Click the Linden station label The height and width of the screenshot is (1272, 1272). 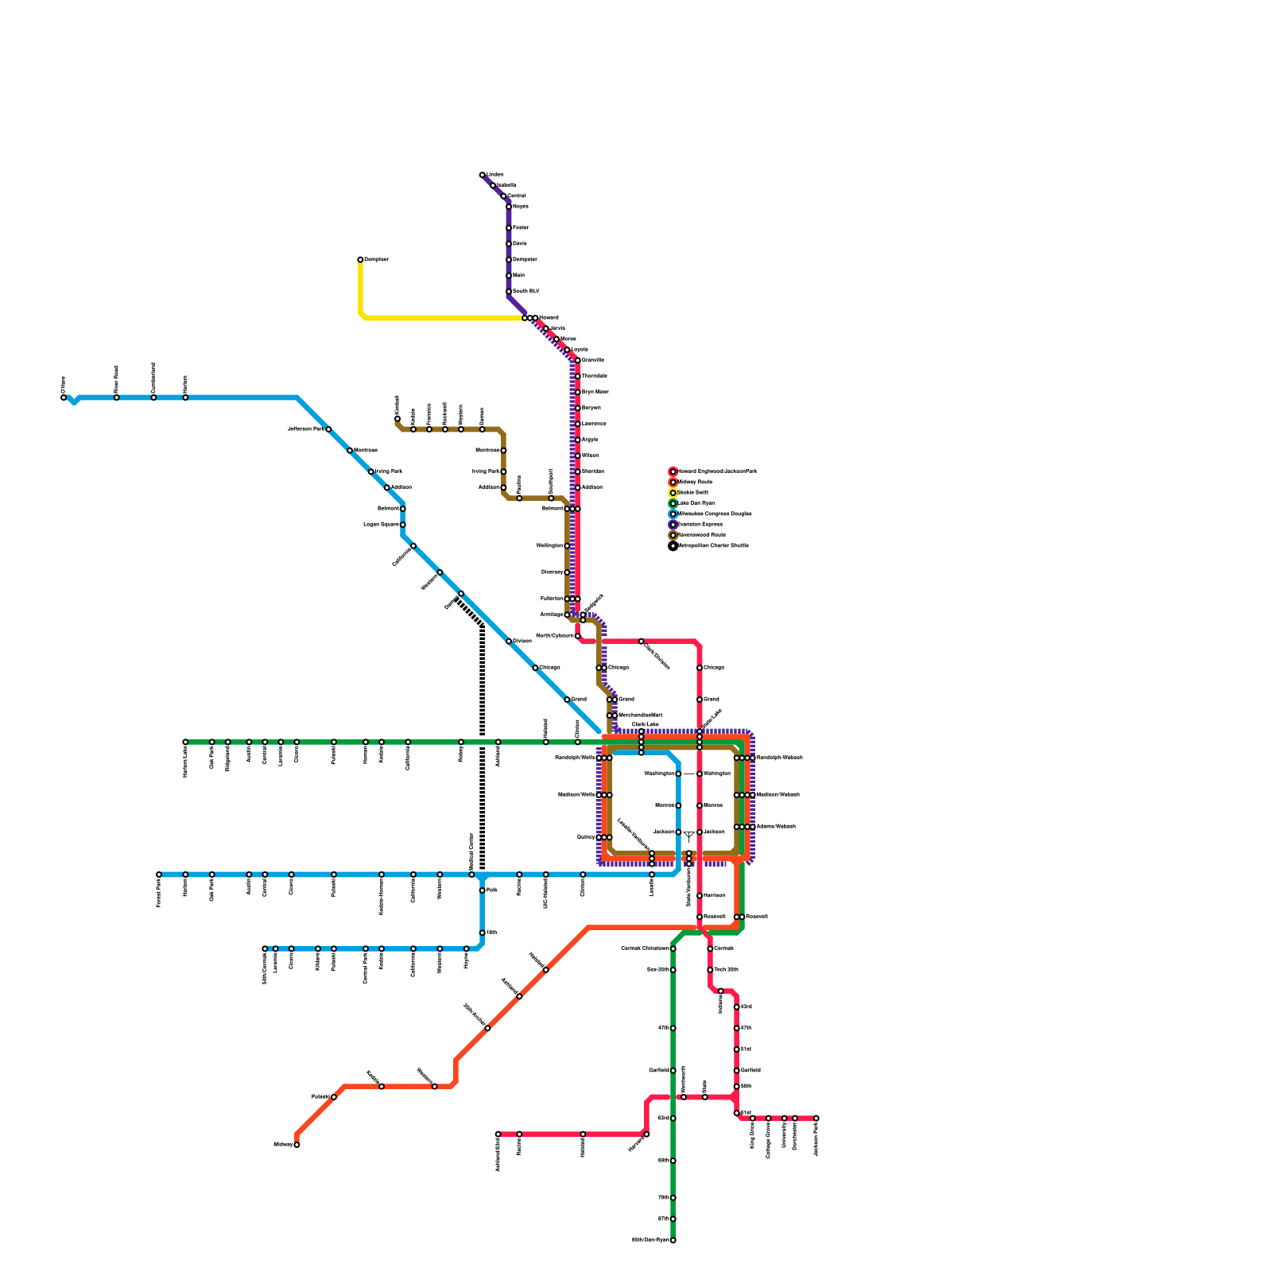point(494,174)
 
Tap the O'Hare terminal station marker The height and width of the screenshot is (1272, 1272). point(64,397)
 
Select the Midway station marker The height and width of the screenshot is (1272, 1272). point(297,1145)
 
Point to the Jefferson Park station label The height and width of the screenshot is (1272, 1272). point(305,429)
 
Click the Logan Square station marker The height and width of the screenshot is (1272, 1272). point(403,525)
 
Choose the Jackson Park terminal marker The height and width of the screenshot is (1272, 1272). point(816,1119)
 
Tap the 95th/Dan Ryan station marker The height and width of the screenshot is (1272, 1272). point(673,1240)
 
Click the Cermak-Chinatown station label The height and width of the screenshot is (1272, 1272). point(644,948)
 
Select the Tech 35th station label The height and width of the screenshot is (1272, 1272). point(726,970)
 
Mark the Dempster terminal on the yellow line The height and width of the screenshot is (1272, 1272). point(360,259)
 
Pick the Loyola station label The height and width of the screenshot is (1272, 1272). point(580,350)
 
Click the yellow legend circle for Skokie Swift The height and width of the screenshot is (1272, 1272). point(673,493)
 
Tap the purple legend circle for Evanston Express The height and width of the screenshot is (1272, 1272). point(673,525)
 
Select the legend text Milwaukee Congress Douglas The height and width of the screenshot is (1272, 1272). point(714,514)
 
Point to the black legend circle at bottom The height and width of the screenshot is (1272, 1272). point(673,546)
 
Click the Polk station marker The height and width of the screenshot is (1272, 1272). point(483,890)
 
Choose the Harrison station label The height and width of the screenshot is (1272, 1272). point(714,896)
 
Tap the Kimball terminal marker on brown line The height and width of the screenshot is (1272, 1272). point(397,419)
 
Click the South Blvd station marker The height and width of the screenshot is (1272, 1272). point(509,292)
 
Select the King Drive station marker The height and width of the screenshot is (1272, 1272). point(753,1119)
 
